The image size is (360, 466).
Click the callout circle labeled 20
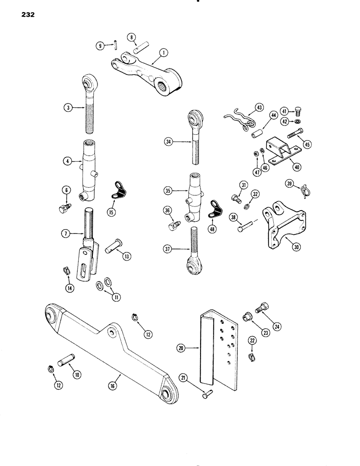(x=180, y=348)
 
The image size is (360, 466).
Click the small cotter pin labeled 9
(x=115, y=45)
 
